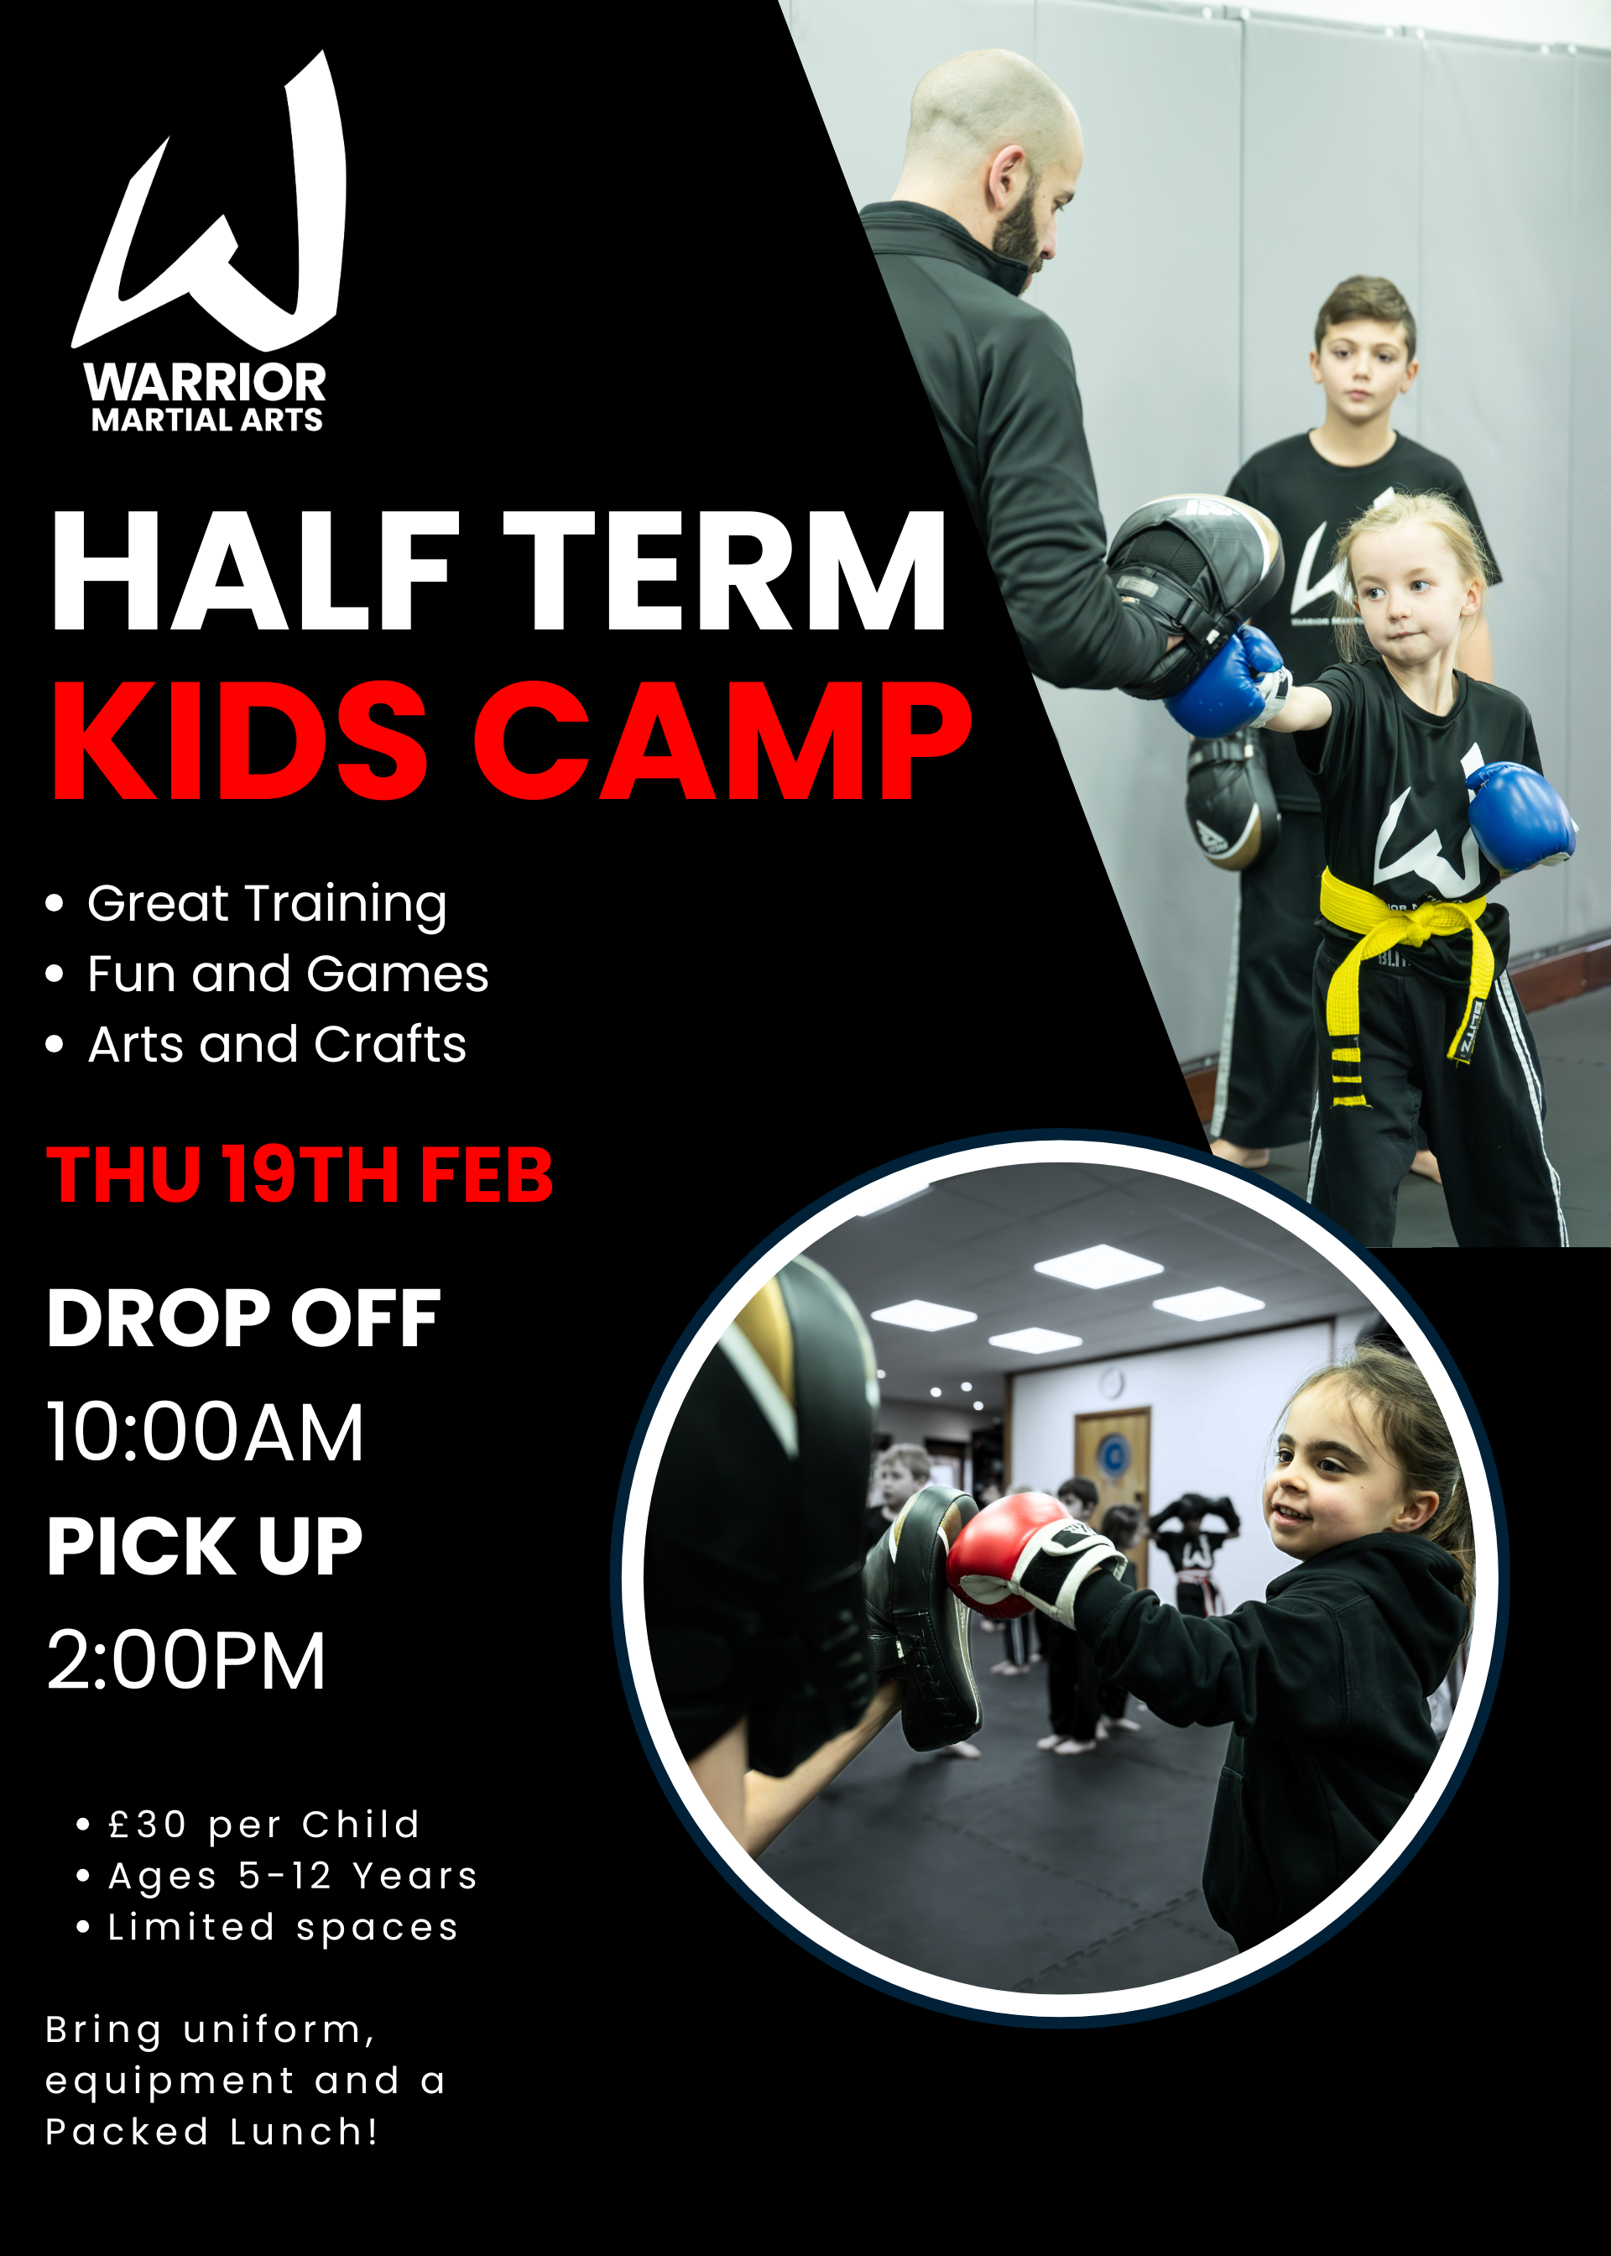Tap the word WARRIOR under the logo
(x=206, y=383)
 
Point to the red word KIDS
(x=238, y=741)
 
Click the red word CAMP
(x=722, y=741)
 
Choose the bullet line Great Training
(x=266, y=904)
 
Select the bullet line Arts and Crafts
(x=276, y=1045)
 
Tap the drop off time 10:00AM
(x=206, y=1433)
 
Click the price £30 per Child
(x=263, y=1825)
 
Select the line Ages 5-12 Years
(x=293, y=1876)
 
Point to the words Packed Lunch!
(x=211, y=2132)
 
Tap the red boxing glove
(x=995, y=1554)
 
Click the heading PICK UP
(x=205, y=1547)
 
